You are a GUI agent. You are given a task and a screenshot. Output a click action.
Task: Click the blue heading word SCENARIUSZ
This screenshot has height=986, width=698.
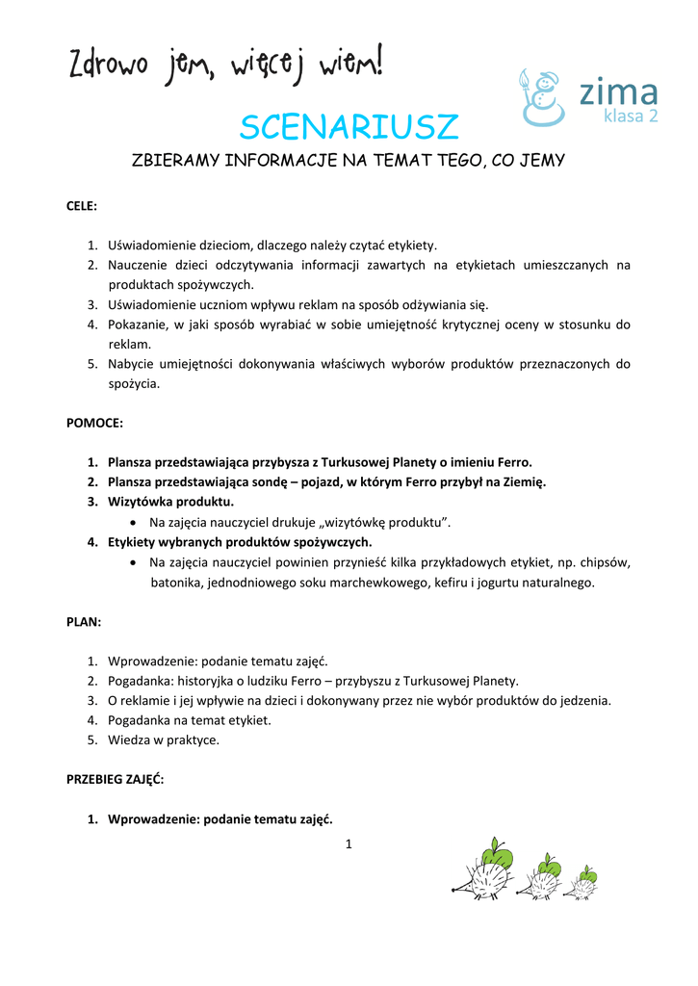(x=349, y=127)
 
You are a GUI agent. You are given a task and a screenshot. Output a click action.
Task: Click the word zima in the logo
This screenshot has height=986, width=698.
(x=618, y=92)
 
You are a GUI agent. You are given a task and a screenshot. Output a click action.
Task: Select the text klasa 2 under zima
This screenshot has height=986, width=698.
(x=631, y=117)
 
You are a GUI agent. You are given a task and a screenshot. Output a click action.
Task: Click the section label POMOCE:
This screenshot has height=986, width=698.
(x=94, y=423)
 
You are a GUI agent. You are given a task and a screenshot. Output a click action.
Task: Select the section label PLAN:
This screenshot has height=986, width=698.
(x=84, y=622)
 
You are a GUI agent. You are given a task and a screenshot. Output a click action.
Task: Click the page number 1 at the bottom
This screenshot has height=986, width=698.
(x=349, y=844)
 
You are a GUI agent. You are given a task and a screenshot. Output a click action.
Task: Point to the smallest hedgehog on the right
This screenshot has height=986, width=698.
(x=583, y=882)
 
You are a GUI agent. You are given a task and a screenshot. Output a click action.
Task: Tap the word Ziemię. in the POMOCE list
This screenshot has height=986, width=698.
(x=523, y=482)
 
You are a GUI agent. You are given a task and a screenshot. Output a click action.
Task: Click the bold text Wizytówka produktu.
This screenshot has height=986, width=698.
(x=170, y=502)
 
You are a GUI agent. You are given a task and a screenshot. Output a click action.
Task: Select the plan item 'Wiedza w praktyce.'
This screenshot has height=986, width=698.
(x=164, y=740)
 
